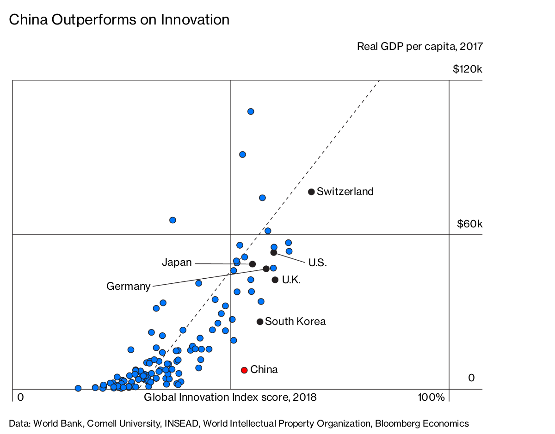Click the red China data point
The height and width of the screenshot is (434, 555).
point(244,370)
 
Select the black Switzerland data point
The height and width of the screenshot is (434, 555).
point(311,191)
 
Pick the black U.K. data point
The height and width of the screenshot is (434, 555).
point(275,280)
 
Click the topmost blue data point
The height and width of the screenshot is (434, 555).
point(251,111)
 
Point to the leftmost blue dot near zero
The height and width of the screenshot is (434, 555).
point(78,388)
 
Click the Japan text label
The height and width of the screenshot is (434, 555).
point(177,263)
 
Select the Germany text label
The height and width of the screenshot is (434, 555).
point(128,286)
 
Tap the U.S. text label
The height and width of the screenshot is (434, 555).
point(317,263)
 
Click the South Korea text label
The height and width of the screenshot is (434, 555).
point(295,322)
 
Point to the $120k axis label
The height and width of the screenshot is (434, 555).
point(468,70)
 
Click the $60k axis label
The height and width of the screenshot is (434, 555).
point(469,224)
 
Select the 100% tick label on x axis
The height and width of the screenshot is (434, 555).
point(431,397)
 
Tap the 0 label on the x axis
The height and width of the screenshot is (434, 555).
point(20,397)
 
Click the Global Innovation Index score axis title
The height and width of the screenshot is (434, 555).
point(230,397)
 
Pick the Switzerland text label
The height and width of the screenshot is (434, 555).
point(345,191)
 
